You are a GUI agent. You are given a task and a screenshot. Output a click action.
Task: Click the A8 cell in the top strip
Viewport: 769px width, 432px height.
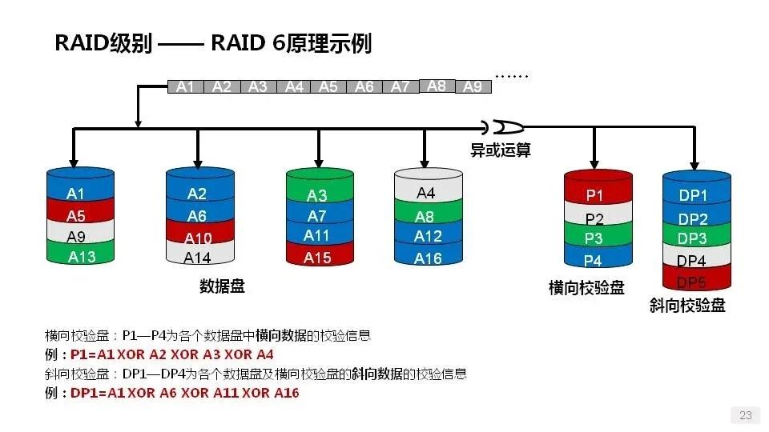[437, 86]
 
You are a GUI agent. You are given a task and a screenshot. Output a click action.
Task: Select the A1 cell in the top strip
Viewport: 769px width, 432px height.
[186, 86]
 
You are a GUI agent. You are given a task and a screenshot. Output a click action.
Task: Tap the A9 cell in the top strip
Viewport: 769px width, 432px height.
[473, 86]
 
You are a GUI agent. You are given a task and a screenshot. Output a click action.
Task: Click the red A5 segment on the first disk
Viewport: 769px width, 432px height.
[76, 216]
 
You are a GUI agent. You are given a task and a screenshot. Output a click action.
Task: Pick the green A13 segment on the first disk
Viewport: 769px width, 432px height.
[82, 257]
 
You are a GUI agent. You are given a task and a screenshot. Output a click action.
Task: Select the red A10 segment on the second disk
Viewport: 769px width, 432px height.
[198, 238]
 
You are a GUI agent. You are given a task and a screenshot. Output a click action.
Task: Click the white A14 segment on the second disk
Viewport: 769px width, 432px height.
[198, 258]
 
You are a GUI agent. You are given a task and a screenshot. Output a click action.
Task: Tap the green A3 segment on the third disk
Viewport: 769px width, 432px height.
[317, 195]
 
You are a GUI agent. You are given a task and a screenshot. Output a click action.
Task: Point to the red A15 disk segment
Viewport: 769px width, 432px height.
[317, 258]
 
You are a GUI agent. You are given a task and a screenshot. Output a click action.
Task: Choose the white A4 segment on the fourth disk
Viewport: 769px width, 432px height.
[426, 193]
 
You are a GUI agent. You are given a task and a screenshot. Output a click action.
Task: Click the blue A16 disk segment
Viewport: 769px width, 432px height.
[428, 258]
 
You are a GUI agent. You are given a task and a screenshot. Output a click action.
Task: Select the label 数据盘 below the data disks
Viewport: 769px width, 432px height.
[222, 286]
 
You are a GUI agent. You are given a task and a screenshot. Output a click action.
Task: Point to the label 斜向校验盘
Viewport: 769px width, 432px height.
[687, 306]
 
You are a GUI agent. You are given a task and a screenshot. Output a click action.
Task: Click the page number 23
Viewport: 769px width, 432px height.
[745, 415]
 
